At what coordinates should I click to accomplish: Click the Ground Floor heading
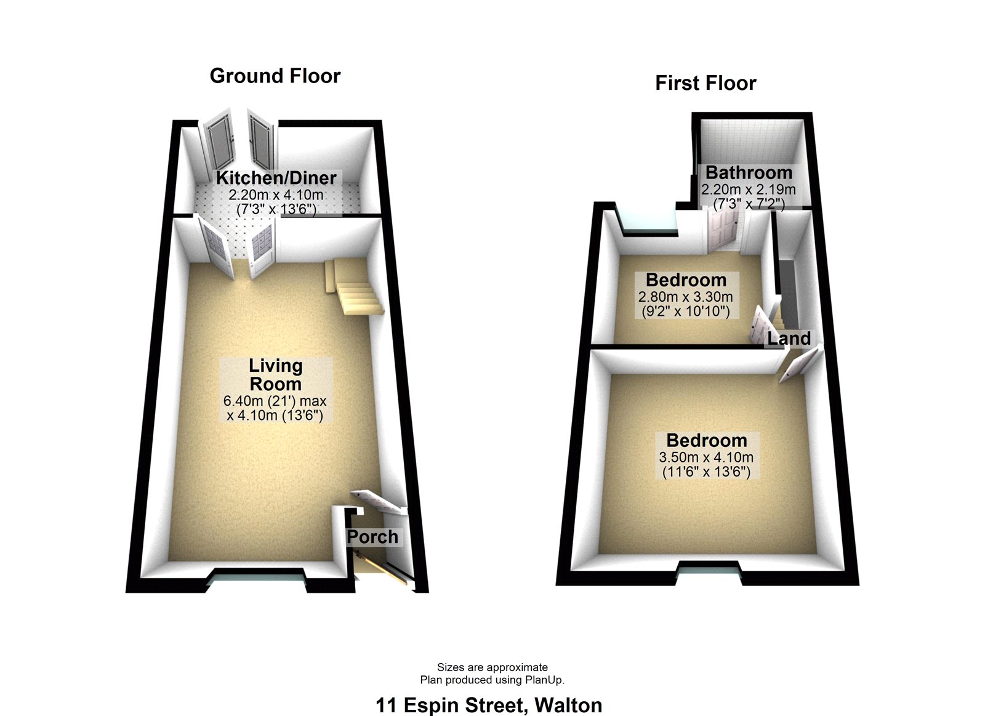click(x=275, y=76)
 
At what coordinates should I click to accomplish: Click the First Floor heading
click(x=706, y=83)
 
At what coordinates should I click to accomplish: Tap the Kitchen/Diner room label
click(x=276, y=178)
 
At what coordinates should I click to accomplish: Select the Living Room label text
click(x=275, y=374)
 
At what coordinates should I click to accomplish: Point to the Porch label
click(x=372, y=537)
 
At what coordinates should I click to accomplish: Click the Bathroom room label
click(x=749, y=172)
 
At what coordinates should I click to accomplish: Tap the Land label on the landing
click(x=789, y=338)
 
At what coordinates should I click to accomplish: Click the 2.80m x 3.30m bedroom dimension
click(x=685, y=297)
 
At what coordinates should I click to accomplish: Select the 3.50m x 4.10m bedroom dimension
click(x=706, y=457)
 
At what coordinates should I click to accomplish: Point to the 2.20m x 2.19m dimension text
click(x=749, y=190)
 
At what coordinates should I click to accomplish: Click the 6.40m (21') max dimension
click(x=275, y=401)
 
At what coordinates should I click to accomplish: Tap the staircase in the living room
click(x=353, y=287)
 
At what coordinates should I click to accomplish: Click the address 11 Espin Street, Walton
click(x=489, y=705)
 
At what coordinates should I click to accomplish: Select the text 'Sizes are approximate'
click(x=492, y=667)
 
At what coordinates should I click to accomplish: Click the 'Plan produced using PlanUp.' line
click(x=492, y=680)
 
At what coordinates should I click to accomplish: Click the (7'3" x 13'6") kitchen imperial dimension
click(x=276, y=209)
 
